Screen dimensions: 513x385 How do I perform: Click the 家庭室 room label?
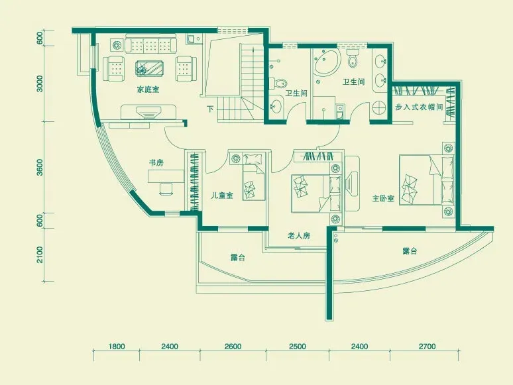click(148, 89)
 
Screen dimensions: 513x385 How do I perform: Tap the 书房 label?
click(156, 162)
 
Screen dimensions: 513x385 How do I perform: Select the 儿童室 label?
click(222, 195)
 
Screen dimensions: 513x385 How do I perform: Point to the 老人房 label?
click(299, 235)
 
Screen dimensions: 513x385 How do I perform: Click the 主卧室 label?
click(383, 198)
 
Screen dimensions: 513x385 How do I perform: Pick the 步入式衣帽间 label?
click(419, 107)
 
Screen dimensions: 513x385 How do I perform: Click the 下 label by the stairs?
click(210, 109)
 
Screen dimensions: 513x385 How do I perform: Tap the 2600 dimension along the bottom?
click(233, 346)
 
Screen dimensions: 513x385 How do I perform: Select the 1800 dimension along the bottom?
click(117, 346)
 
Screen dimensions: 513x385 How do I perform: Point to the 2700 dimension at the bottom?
click(427, 346)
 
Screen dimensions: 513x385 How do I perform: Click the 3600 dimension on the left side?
click(40, 167)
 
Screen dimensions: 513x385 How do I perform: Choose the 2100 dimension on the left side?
click(40, 254)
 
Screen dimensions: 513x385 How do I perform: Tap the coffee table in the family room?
click(149, 68)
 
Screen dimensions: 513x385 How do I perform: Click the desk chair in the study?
click(166, 189)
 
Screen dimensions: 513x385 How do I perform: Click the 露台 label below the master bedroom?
click(410, 251)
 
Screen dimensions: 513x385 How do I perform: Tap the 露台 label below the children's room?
click(238, 257)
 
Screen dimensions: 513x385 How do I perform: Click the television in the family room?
click(149, 113)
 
